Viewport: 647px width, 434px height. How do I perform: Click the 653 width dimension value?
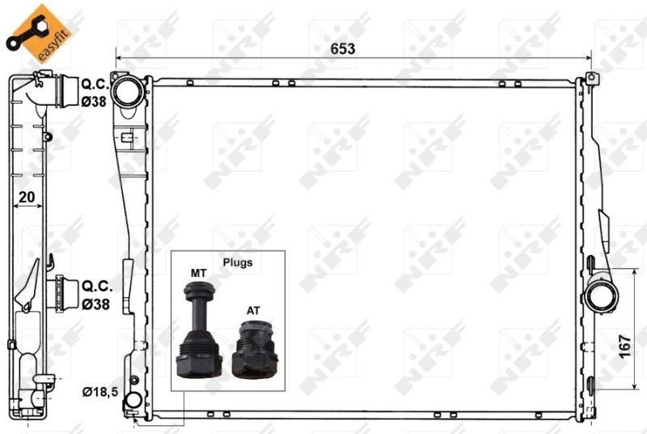(342, 49)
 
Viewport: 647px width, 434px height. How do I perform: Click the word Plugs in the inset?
(239, 262)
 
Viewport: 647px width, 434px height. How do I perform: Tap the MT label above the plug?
(198, 273)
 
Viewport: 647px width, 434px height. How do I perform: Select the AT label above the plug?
(253, 310)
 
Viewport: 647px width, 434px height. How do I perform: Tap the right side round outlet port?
(602, 295)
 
